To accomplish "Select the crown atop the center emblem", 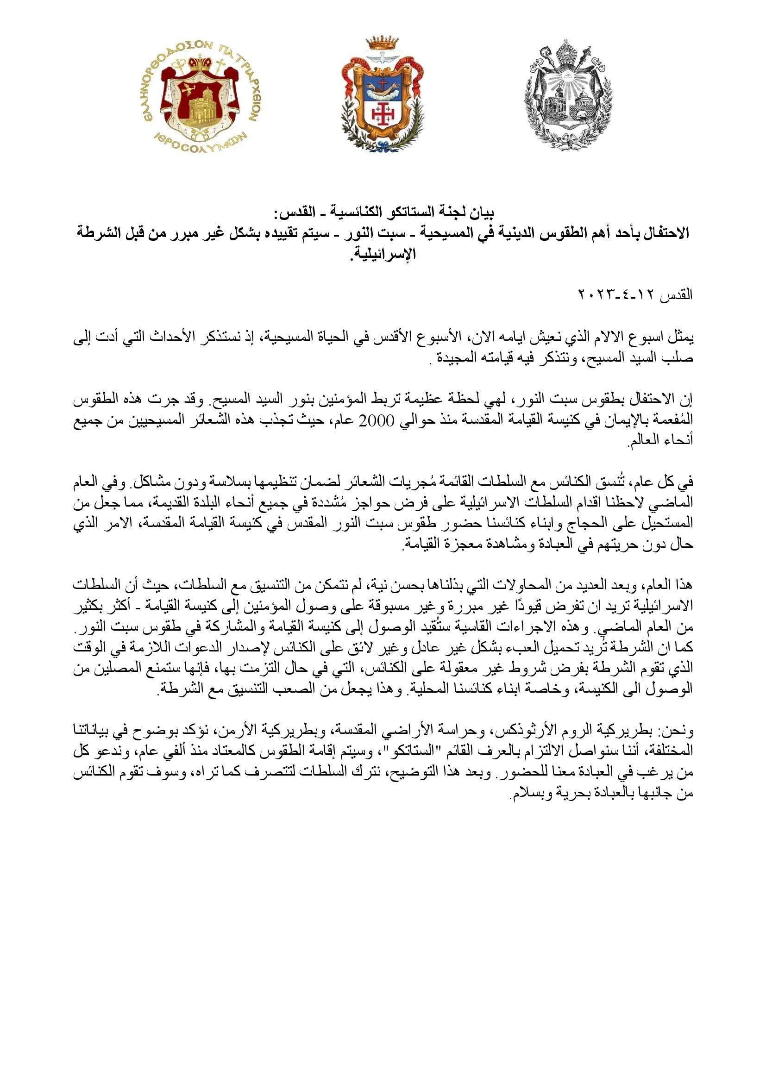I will click(382, 42).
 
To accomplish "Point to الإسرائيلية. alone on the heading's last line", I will click(383, 254).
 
